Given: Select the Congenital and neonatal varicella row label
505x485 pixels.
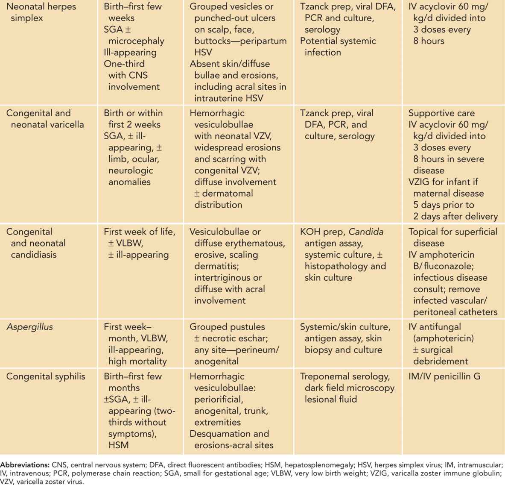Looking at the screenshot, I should point(45,119).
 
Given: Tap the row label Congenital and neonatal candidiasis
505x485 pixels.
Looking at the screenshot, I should point(36,243).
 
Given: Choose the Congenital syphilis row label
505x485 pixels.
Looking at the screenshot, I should point(46,376).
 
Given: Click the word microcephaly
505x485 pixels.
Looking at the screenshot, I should point(136,41).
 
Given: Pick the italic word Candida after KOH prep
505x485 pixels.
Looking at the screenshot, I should point(366,232).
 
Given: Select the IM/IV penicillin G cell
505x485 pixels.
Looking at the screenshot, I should point(444,376).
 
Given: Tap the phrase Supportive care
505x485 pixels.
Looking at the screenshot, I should point(441,113).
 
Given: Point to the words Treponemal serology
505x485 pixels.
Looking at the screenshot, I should point(344,376).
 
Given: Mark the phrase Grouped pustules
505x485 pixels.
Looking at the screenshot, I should point(227,327).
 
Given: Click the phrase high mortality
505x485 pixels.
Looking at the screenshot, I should point(137,361).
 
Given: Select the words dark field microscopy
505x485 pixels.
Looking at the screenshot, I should point(349,388).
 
